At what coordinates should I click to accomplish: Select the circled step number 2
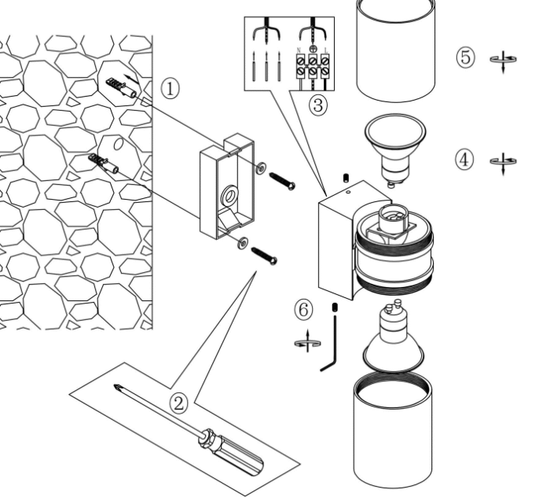coord(180,404)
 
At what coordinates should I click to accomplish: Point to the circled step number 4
coord(465,160)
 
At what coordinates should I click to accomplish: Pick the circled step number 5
coord(465,57)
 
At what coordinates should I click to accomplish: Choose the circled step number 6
coord(304,311)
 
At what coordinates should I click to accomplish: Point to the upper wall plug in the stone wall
coord(119,87)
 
